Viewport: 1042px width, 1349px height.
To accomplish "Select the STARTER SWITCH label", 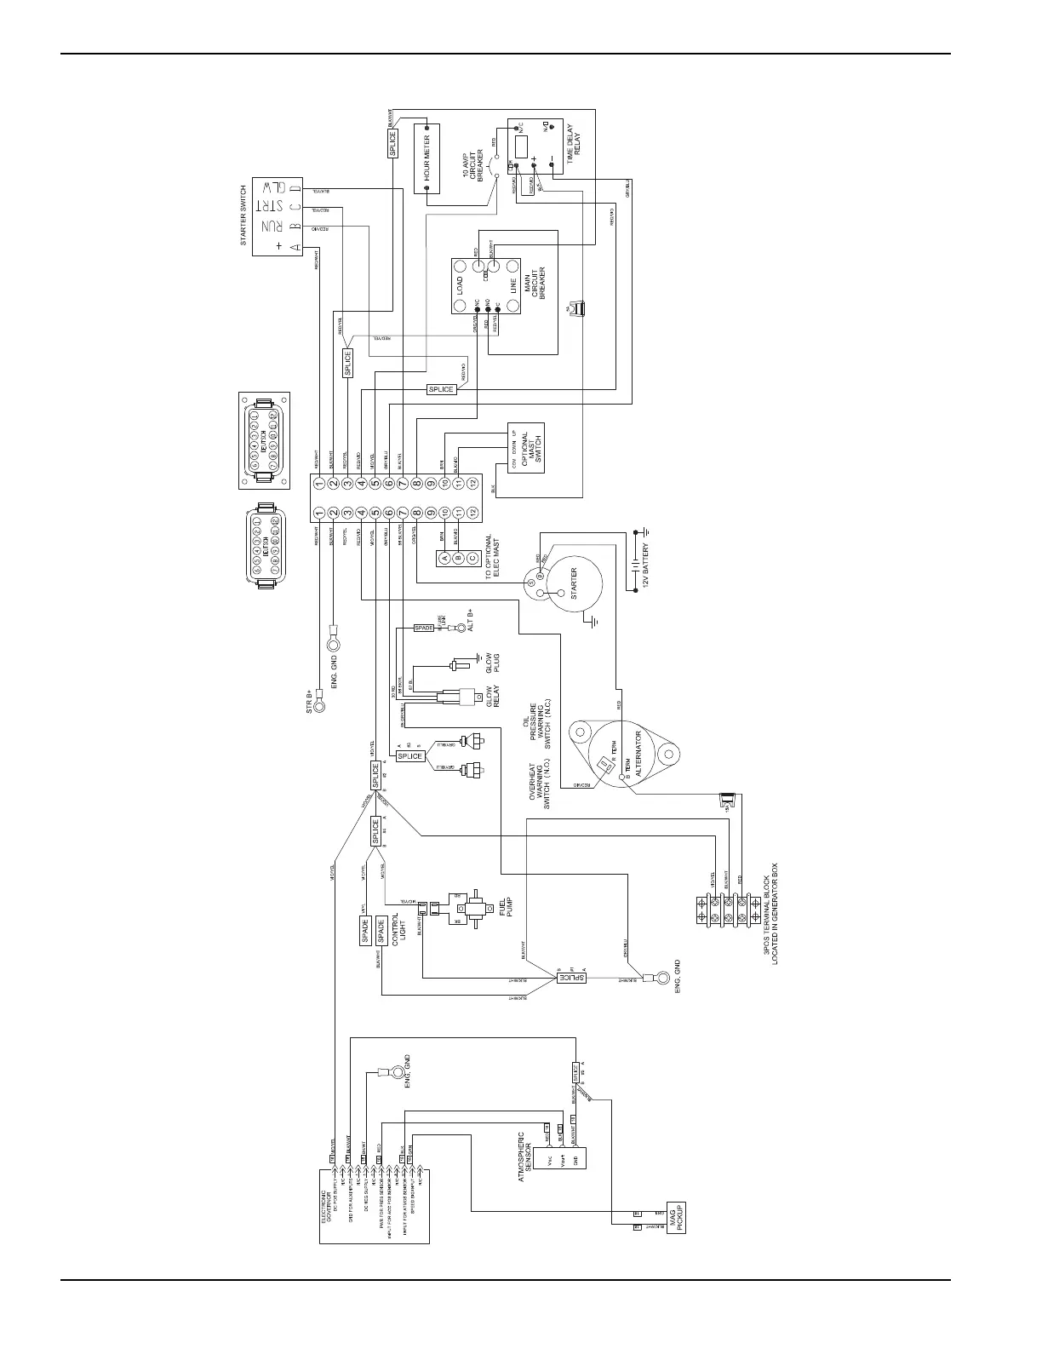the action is [x=243, y=215].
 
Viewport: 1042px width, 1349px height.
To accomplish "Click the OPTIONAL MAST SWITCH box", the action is [x=525, y=447].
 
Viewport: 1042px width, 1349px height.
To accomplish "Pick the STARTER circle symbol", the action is [x=573, y=583].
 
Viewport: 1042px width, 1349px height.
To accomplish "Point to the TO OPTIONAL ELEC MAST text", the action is [x=493, y=557].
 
